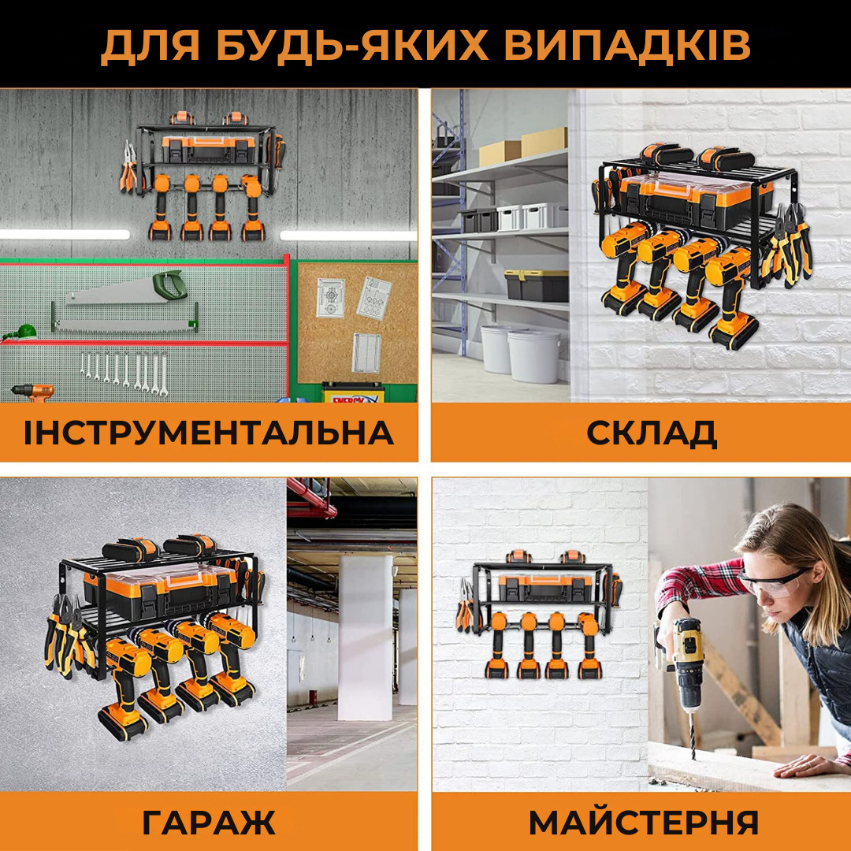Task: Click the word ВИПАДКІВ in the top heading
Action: [627, 46]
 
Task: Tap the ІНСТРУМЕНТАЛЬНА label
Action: [208, 433]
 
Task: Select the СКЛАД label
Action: [651, 433]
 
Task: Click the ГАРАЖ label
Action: [208, 823]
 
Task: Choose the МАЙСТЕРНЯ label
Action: [643, 823]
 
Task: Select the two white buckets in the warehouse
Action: [520, 354]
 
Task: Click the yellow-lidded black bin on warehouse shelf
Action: [536, 285]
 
